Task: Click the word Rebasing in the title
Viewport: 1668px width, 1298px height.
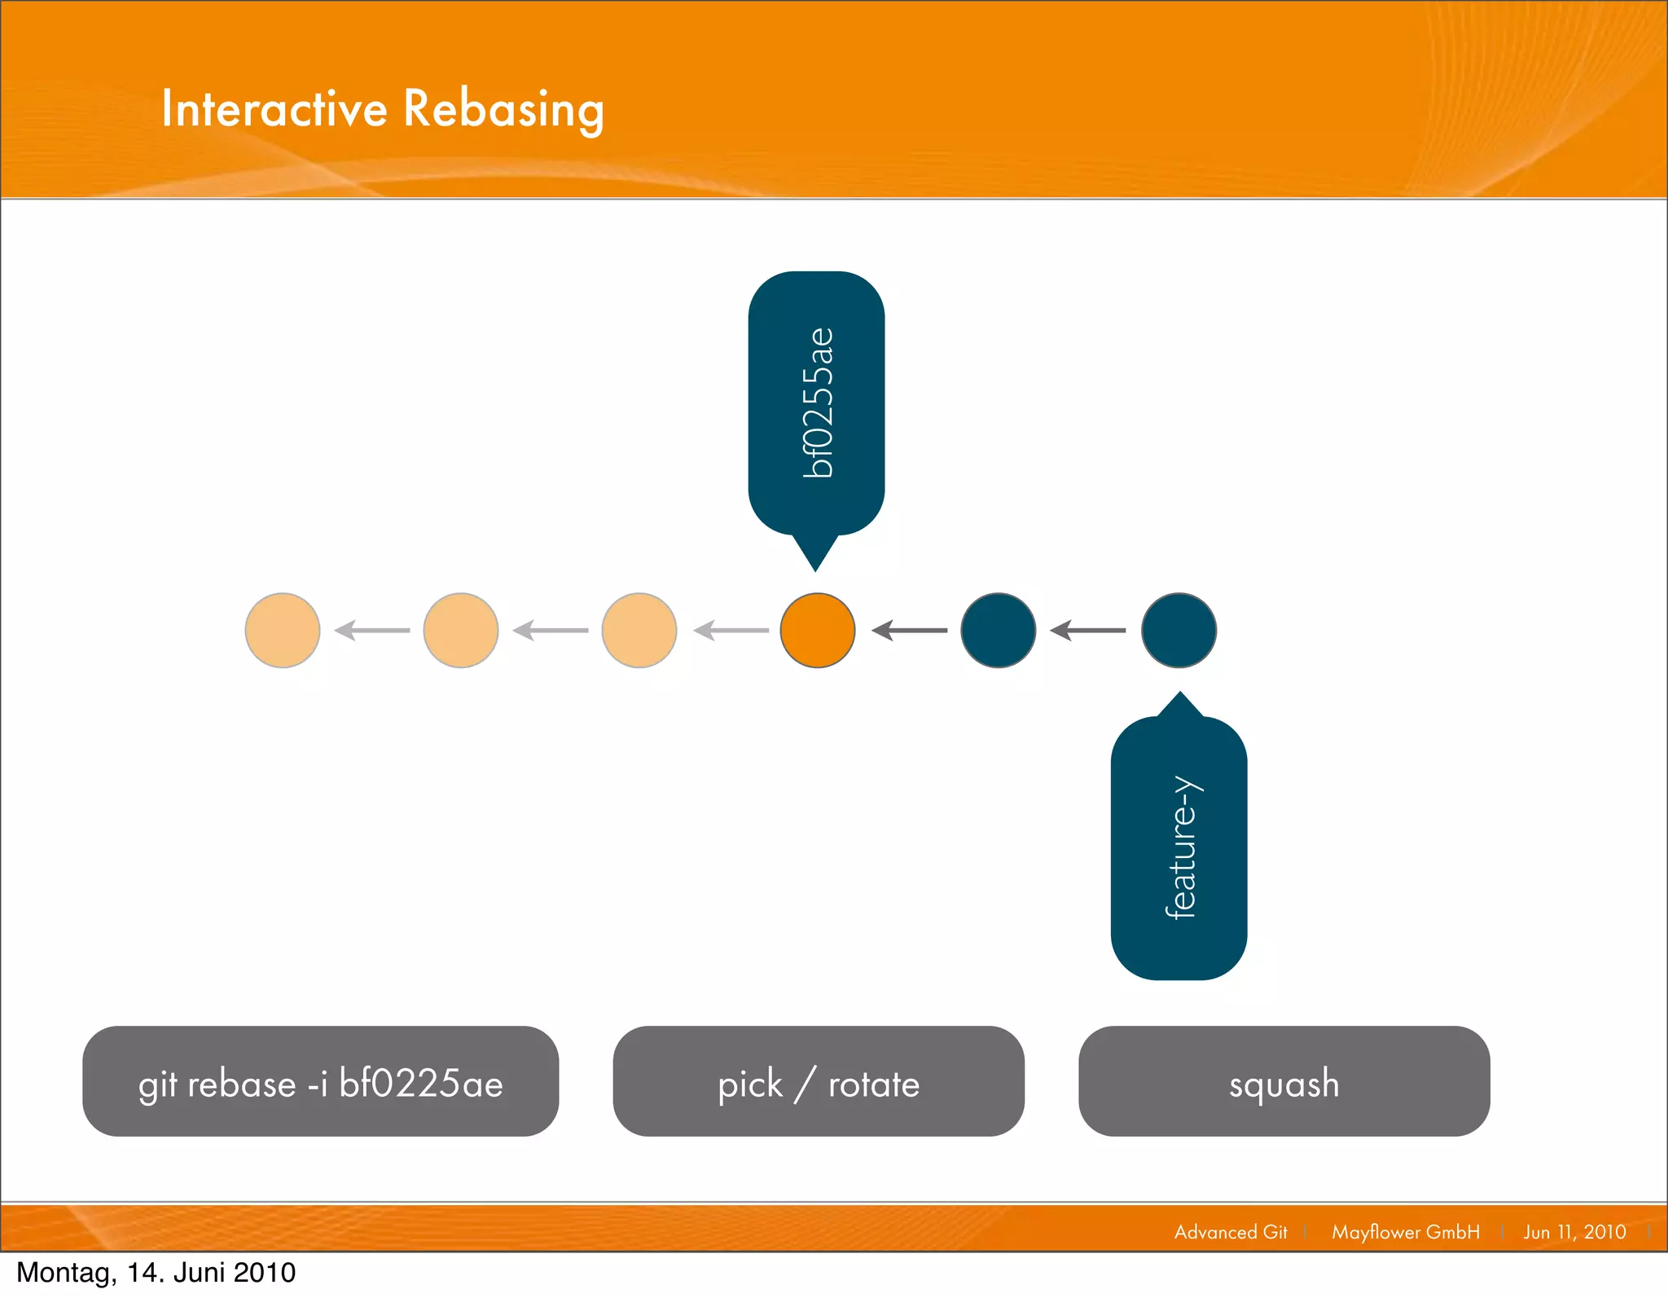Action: click(x=503, y=109)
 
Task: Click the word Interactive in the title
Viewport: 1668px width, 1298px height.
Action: click(x=274, y=109)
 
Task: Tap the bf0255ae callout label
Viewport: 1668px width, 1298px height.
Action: click(x=816, y=403)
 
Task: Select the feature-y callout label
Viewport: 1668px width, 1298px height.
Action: click(x=1179, y=847)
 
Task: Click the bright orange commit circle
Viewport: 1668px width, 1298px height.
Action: click(x=817, y=631)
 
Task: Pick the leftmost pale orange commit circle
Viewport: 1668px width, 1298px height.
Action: click(x=283, y=631)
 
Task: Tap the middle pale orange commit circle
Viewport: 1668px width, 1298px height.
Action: click(x=461, y=631)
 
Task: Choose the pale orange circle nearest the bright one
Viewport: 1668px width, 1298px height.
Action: click(x=639, y=631)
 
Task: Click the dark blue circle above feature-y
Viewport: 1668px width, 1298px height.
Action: click(x=1179, y=631)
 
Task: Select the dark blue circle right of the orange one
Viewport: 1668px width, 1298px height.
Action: click(x=998, y=631)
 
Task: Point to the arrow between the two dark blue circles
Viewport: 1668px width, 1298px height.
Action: click(x=1088, y=631)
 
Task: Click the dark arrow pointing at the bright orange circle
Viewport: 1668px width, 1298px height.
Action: click(x=909, y=631)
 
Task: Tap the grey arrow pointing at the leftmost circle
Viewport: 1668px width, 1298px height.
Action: click(x=372, y=631)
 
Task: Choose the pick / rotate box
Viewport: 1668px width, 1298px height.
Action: click(x=819, y=1081)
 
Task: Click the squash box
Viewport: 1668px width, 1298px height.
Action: click(x=1284, y=1081)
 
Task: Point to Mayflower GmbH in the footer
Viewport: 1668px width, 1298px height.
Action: click(x=1405, y=1232)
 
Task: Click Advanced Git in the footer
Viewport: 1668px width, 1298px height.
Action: click(x=1231, y=1232)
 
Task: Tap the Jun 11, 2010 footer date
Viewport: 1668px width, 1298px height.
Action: click(x=1574, y=1232)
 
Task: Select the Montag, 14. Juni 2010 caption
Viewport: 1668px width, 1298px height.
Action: click(x=156, y=1273)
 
